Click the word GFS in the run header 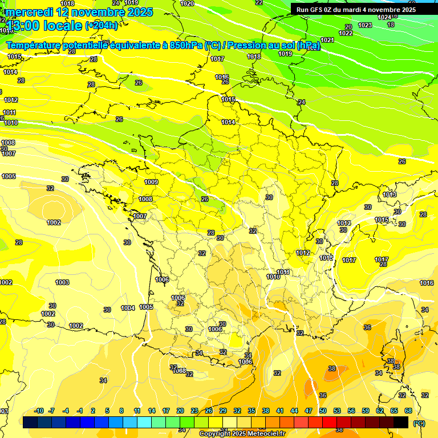tap(319, 10)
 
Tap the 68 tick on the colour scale tap(408, 411)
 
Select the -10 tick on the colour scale tap(39, 411)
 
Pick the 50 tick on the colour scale tap(323, 411)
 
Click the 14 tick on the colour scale tap(152, 411)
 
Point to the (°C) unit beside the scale tap(419, 423)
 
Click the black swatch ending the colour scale tap(401, 423)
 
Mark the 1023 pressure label tap(365, 26)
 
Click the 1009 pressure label tap(151, 182)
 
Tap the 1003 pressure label tap(62, 283)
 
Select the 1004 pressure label tap(128, 308)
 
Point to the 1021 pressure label tap(327, 40)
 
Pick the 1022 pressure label tap(346, 34)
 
